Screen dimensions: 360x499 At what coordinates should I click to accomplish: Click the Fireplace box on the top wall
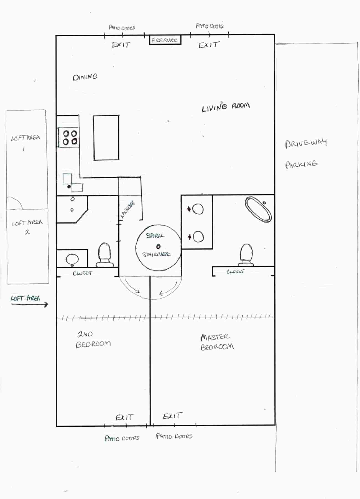165,40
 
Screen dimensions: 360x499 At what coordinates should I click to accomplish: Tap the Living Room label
226,107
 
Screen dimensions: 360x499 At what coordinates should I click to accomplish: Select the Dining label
85,77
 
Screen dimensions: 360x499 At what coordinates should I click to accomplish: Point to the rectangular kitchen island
106,138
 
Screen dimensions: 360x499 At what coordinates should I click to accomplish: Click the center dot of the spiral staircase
158,246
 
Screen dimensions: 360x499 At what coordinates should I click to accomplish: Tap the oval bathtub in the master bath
258,210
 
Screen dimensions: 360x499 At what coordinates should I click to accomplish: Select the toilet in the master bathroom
246,254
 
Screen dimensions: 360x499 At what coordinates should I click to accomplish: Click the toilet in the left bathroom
104,255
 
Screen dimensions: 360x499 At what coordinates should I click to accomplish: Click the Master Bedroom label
217,342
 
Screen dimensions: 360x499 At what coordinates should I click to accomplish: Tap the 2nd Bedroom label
93,339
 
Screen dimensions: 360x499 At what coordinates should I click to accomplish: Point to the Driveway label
306,143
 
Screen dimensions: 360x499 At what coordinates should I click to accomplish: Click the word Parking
301,164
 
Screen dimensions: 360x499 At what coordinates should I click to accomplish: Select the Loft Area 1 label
25,142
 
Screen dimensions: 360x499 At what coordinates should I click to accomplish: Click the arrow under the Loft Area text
30,304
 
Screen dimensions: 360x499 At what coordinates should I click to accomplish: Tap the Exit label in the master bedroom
172,416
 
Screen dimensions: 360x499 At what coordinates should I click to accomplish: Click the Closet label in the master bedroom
235,271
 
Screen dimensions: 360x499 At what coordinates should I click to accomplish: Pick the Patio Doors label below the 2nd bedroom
122,438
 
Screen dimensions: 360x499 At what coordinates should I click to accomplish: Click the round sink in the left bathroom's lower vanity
72,259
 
